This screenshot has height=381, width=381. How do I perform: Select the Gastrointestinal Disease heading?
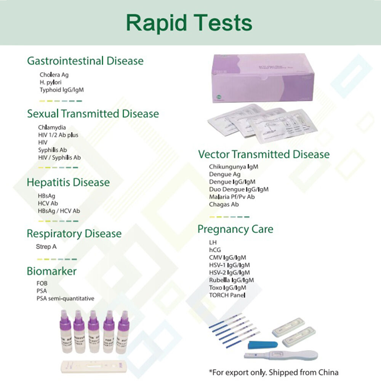pos(85,61)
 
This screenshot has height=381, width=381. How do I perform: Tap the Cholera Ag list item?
pos(54,75)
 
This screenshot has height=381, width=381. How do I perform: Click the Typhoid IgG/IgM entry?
pos(61,90)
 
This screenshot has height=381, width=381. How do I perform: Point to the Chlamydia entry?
pos(52,128)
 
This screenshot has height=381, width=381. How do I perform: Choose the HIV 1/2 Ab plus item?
pos(58,135)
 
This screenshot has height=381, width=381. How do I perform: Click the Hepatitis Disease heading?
pos(68,182)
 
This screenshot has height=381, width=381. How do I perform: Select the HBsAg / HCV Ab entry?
pos(59,211)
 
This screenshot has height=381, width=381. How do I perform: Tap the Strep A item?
pos(46,247)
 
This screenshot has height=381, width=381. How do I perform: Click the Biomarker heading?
pos(51,271)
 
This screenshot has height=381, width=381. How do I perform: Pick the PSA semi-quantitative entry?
pos(65,298)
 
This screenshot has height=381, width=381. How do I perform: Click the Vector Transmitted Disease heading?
pos(264,154)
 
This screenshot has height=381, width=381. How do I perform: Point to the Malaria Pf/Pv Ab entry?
pos(232,197)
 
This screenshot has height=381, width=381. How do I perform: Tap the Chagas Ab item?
pos(224,204)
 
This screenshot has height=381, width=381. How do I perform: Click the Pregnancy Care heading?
pos(235,229)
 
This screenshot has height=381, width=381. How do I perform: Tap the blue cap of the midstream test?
pos(259,345)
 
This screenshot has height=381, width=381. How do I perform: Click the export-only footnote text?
pos(273,372)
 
